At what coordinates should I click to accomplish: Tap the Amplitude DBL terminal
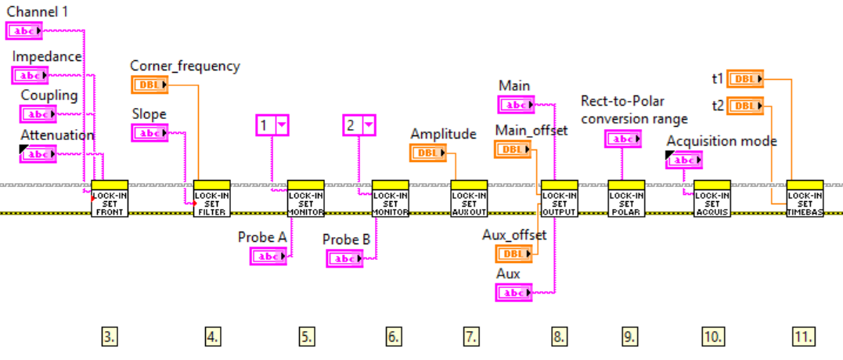(x=428, y=153)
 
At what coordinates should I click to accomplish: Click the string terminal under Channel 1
(x=25, y=31)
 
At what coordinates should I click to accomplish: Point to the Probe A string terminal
(x=269, y=256)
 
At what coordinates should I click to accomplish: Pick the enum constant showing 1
(x=272, y=124)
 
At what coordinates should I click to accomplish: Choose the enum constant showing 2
(x=359, y=124)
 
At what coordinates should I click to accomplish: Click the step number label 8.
(x=557, y=337)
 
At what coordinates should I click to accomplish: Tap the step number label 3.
(x=110, y=337)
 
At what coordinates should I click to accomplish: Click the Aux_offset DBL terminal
(x=512, y=254)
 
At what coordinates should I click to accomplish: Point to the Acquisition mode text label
(x=722, y=141)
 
